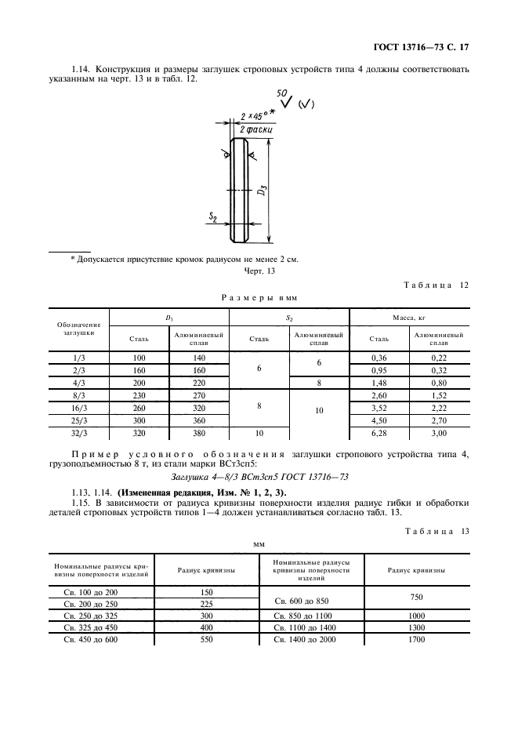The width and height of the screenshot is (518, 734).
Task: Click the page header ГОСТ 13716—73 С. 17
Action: click(x=425, y=47)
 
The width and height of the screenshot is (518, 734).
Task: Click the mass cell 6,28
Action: click(x=379, y=432)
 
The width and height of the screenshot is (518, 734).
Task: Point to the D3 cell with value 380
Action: click(x=198, y=432)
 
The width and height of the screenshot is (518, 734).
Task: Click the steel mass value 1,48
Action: click(x=379, y=383)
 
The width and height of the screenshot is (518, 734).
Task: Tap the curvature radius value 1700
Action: click(x=416, y=640)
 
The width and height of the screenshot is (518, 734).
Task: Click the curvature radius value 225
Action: click(x=207, y=604)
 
